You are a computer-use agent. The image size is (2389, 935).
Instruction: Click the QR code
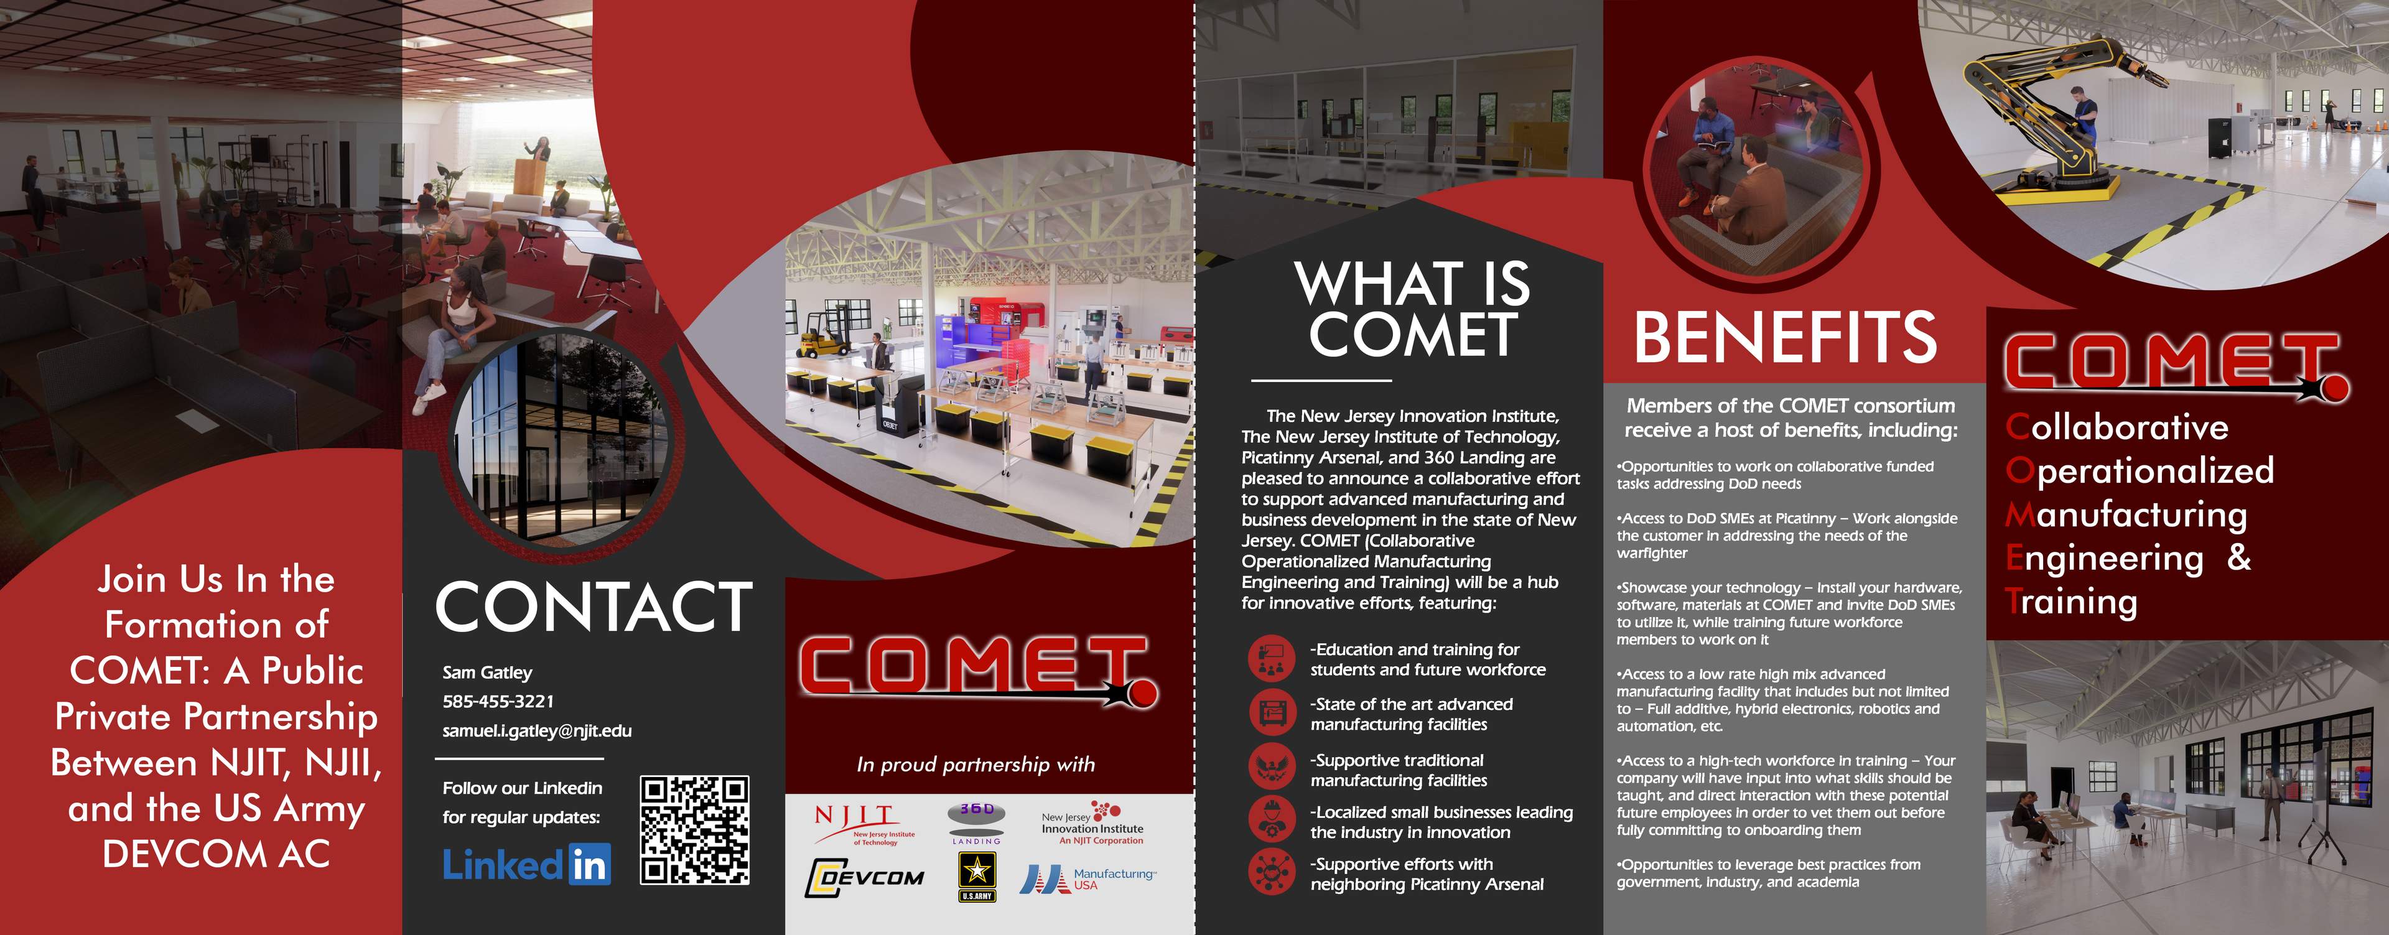pyautogui.click(x=695, y=830)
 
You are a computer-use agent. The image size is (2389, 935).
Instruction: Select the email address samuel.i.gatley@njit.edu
pyautogui.click(x=537, y=731)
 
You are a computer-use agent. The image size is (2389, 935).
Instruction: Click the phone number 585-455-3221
pyautogui.click(x=498, y=701)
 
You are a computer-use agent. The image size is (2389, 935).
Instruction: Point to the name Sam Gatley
pyautogui.click(x=487, y=672)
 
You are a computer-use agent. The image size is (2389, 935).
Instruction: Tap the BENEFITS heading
pyautogui.click(x=1786, y=338)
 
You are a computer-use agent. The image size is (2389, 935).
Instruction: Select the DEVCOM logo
pyautogui.click(x=864, y=878)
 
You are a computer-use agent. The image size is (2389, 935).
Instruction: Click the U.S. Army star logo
pyautogui.click(x=977, y=877)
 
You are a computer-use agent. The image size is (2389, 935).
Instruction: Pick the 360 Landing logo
pyautogui.click(x=977, y=822)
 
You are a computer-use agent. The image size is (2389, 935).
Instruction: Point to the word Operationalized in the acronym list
pyautogui.click(x=2140, y=471)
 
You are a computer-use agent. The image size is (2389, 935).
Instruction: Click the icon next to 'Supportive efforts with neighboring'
pyautogui.click(x=1270, y=872)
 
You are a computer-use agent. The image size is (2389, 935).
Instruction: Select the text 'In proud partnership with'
pyautogui.click(x=976, y=765)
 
